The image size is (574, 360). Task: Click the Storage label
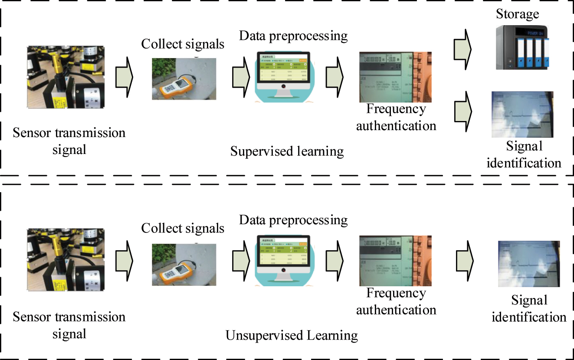pyautogui.click(x=518, y=14)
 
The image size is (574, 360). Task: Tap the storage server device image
pyautogui.click(x=522, y=47)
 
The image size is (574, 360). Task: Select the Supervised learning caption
pyautogui.click(x=287, y=151)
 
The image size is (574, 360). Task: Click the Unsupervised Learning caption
pyautogui.click(x=292, y=335)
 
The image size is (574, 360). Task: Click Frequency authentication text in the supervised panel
pyautogui.click(x=396, y=117)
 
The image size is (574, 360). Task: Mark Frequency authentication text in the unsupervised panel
pyautogui.click(x=396, y=301)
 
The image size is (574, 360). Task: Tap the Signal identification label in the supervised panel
pyautogui.click(x=524, y=155)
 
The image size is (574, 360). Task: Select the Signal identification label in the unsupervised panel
pyautogui.click(x=528, y=308)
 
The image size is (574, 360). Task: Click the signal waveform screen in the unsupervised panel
pyautogui.click(x=528, y=264)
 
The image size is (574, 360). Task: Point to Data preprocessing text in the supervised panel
pyautogui.click(x=293, y=36)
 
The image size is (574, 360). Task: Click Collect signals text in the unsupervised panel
pyautogui.click(x=183, y=228)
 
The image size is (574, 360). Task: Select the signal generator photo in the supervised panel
pyautogui.click(x=395, y=77)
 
